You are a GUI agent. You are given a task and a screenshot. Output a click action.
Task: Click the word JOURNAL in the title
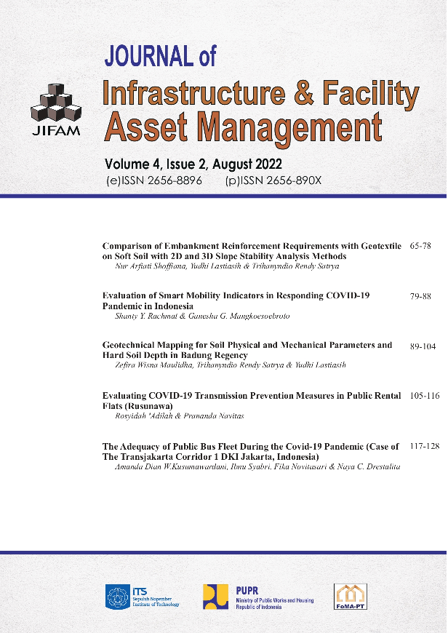click(x=149, y=55)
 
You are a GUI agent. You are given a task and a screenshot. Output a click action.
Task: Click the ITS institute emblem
click(x=119, y=596)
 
